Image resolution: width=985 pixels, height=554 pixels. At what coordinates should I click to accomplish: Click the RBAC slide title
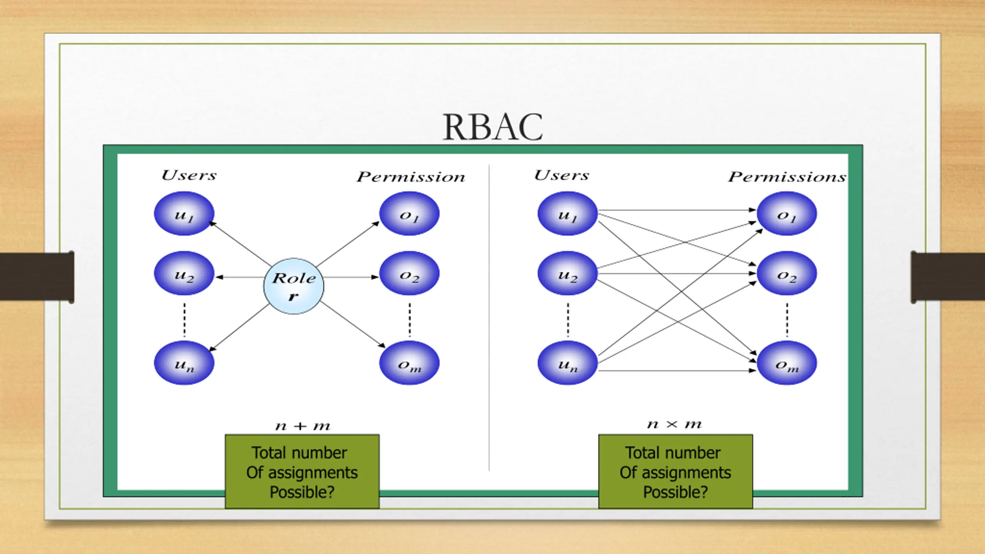[x=492, y=127]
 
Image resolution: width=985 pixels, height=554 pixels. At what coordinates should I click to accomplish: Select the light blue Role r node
[x=294, y=286]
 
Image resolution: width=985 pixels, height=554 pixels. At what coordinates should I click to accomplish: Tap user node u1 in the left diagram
[x=184, y=214]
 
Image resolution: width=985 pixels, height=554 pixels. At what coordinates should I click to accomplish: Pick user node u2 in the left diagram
[x=184, y=273]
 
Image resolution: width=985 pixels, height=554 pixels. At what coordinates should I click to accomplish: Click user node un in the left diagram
[x=184, y=363]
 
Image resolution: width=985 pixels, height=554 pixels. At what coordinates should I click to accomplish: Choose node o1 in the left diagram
[x=409, y=214]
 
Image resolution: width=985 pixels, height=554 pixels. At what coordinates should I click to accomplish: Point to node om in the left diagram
[x=409, y=363]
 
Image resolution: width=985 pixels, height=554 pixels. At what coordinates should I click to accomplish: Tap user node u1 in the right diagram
[x=568, y=214]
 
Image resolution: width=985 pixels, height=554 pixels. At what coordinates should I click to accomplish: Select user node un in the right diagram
[x=568, y=363]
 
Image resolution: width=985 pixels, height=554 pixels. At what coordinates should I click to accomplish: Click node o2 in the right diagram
[x=787, y=273]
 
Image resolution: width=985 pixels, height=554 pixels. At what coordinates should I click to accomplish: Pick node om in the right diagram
[x=787, y=363]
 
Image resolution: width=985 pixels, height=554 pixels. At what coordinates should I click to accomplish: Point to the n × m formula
[x=674, y=424]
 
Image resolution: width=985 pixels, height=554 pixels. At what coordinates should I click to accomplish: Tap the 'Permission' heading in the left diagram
[x=411, y=177]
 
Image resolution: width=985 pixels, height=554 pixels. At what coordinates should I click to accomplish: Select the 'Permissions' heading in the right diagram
[x=787, y=177]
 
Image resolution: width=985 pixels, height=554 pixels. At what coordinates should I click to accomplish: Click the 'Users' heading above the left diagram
[x=189, y=175]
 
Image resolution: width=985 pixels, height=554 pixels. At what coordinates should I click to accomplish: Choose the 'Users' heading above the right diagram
[x=561, y=175]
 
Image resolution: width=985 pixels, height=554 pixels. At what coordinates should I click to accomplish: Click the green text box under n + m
[x=302, y=472]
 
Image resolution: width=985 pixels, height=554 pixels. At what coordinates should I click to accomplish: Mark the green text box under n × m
[x=675, y=472]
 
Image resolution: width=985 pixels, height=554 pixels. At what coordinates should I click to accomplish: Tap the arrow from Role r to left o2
[x=351, y=277]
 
